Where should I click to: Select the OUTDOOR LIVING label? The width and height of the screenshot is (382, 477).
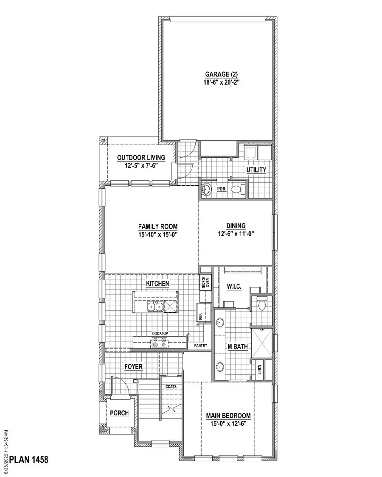[141, 158]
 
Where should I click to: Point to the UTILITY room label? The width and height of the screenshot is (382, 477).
[256, 170]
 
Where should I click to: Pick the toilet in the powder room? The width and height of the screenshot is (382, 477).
[241, 189]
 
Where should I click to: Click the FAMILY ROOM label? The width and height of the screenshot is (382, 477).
[152, 226]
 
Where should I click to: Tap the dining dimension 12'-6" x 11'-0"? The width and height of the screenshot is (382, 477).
[236, 234]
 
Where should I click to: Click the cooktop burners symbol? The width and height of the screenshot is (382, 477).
[160, 343]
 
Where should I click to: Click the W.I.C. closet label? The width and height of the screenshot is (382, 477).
[234, 287]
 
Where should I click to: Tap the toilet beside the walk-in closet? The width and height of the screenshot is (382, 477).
[261, 304]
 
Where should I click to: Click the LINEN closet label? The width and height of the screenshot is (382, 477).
[259, 371]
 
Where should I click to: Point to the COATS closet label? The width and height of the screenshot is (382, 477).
[171, 387]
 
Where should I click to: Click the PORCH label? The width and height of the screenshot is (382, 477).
[119, 413]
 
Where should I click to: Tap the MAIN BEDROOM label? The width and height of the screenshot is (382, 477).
[228, 416]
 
